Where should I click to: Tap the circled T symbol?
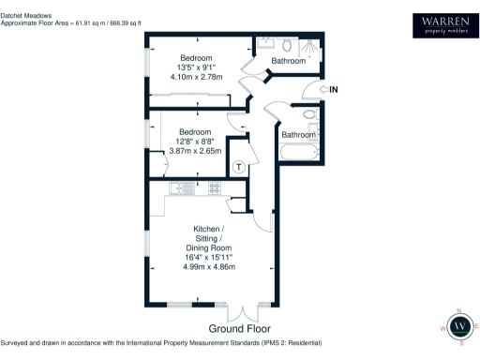240,167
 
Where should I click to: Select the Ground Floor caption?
240,329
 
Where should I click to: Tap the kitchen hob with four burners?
215,188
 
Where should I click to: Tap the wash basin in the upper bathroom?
264,42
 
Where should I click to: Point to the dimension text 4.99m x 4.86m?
207,266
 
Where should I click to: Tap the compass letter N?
459,310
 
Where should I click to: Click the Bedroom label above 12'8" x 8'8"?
195,132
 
